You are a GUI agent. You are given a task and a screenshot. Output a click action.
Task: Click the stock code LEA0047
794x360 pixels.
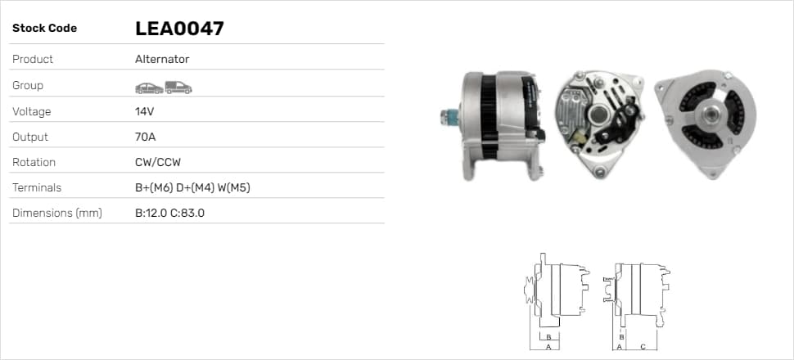179,29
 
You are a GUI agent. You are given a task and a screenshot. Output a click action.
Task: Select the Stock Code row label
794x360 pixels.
44,29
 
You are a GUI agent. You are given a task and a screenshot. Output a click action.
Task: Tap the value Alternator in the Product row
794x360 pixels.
162,59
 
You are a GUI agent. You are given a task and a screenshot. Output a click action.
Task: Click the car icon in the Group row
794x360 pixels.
149,88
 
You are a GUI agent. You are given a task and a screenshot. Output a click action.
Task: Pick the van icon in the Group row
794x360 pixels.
178,88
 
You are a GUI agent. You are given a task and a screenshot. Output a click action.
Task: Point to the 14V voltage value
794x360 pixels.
144,111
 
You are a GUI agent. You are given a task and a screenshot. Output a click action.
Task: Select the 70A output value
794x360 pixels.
146,137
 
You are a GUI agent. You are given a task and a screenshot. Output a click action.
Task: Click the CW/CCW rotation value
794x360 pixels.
158,163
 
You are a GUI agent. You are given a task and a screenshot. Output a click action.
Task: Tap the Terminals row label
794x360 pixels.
37,188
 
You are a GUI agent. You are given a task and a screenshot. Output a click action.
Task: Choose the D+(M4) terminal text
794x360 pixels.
195,188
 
